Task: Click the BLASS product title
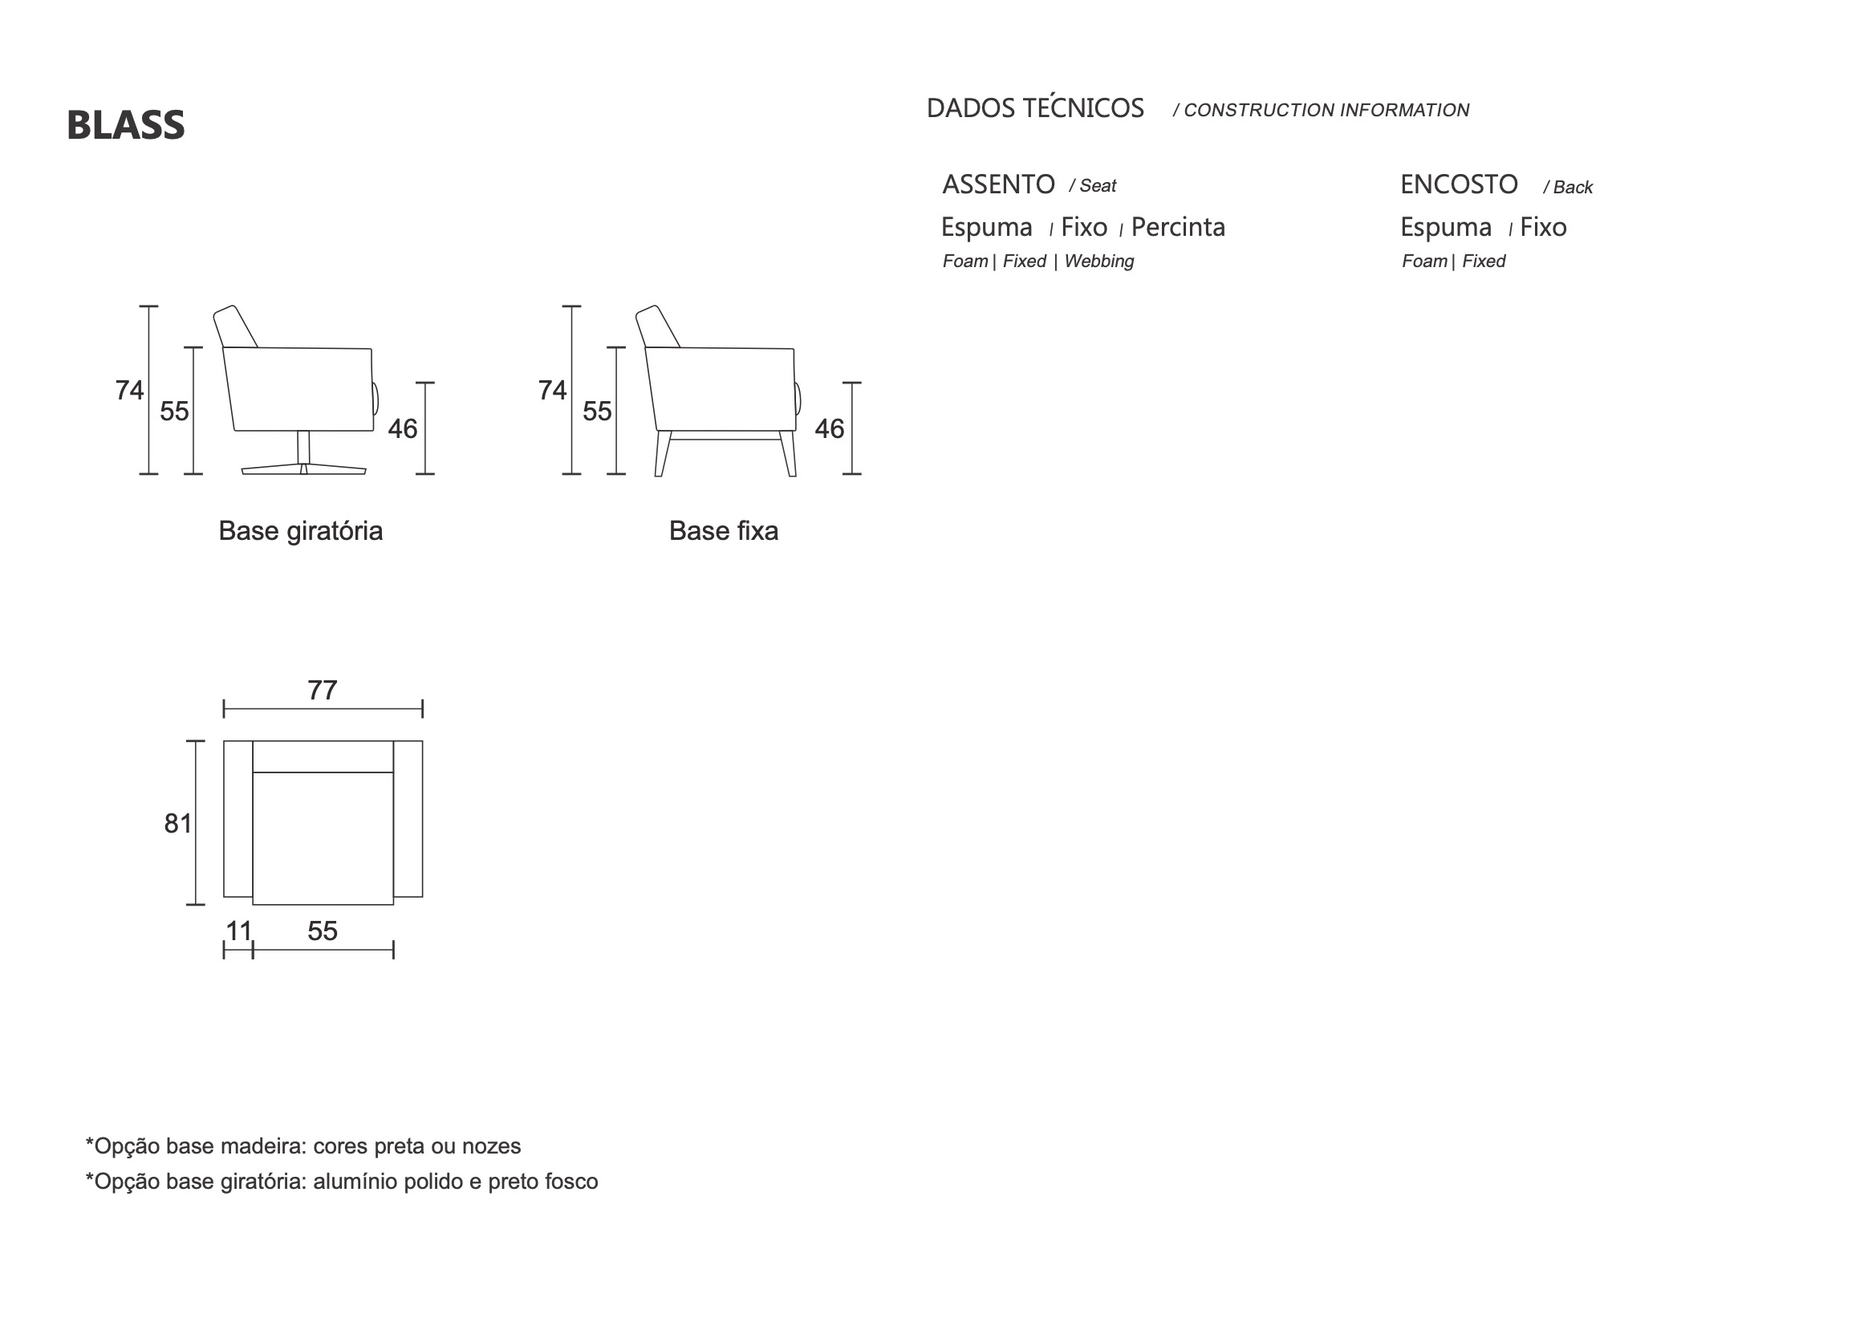coord(126,125)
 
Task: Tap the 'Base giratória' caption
coord(301,532)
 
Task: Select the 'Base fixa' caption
coord(724,531)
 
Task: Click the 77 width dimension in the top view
coord(323,691)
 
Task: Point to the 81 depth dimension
coord(178,824)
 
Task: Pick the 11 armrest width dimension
coord(238,931)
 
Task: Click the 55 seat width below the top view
coord(323,931)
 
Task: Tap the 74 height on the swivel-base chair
coord(130,391)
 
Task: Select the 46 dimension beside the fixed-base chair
coord(830,429)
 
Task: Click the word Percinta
coord(1178,227)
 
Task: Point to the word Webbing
coord(1099,262)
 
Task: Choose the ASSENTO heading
coord(998,185)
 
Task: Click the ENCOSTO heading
coord(1460,185)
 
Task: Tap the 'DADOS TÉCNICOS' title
coord(1035,107)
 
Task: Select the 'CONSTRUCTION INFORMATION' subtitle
coord(1326,110)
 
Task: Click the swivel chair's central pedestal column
coord(303,448)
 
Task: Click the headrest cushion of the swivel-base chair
coord(235,326)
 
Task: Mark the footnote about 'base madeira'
coord(303,1146)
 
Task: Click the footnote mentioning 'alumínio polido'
coord(342,1182)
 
